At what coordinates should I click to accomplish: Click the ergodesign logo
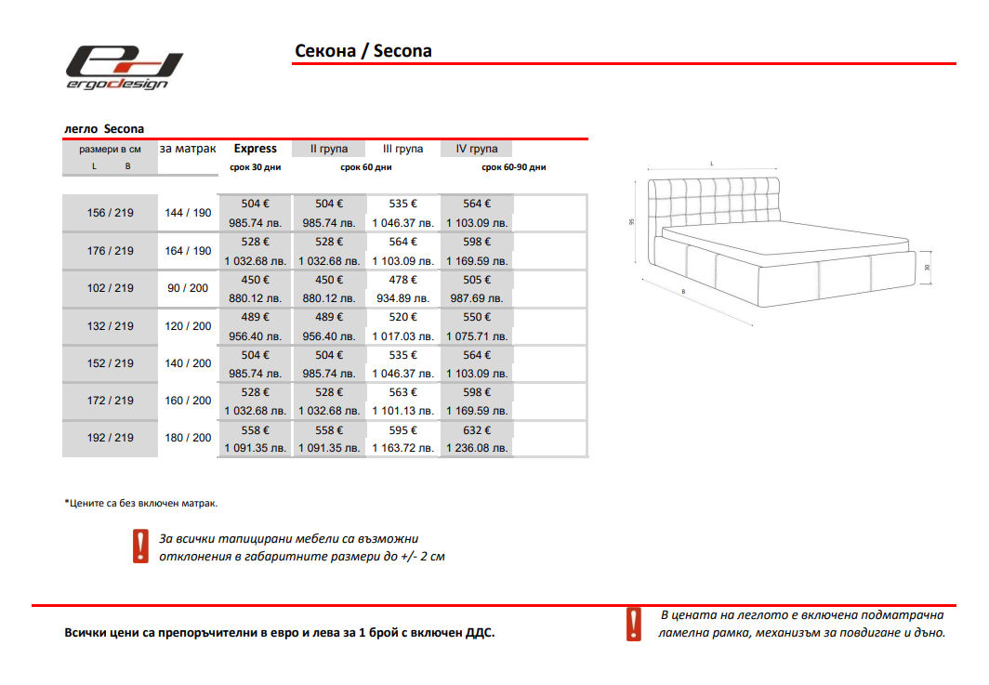click(x=124, y=68)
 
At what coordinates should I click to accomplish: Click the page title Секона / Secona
click(x=363, y=51)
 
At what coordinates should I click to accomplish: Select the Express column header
click(x=255, y=149)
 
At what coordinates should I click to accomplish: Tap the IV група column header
click(x=477, y=149)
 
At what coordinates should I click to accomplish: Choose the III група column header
click(x=402, y=149)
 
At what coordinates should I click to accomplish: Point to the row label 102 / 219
click(x=110, y=288)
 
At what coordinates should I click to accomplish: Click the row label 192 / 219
click(x=110, y=438)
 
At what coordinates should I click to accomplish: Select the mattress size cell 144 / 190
click(x=188, y=213)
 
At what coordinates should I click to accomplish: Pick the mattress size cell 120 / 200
click(x=188, y=326)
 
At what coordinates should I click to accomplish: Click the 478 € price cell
click(x=402, y=280)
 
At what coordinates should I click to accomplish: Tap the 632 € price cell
click(x=477, y=430)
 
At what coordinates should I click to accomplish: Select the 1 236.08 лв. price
click(x=477, y=448)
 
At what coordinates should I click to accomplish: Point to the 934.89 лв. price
click(x=402, y=298)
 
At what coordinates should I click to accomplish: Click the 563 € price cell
click(x=402, y=392)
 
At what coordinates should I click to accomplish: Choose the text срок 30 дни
click(x=255, y=168)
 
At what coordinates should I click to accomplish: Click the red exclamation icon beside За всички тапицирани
click(x=140, y=547)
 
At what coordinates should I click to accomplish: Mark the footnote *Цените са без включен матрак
click(x=140, y=503)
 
